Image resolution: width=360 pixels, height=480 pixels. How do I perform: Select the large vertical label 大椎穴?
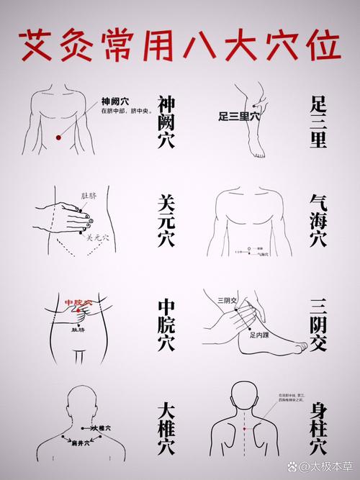166,427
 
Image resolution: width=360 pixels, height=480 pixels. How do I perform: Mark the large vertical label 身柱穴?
318,427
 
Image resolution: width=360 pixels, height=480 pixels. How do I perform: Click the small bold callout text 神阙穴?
114,101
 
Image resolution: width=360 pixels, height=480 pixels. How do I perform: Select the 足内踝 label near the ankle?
259,334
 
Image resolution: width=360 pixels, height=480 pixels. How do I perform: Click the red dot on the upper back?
245,429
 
